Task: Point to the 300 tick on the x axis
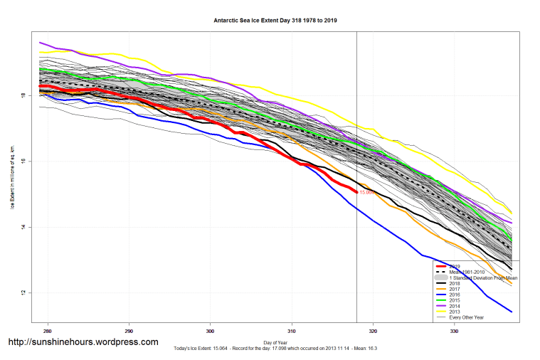tap(211, 331)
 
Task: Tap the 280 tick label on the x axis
tap(48, 331)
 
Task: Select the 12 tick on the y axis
tap(23, 293)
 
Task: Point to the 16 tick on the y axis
tap(23, 161)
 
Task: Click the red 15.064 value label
tap(367, 193)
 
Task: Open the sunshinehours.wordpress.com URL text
tap(83, 342)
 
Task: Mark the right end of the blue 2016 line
tap(512, 312)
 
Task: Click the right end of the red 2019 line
tap(356, 191)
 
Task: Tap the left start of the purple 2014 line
tap(41, 43)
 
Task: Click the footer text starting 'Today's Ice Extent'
tap(275, 349)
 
